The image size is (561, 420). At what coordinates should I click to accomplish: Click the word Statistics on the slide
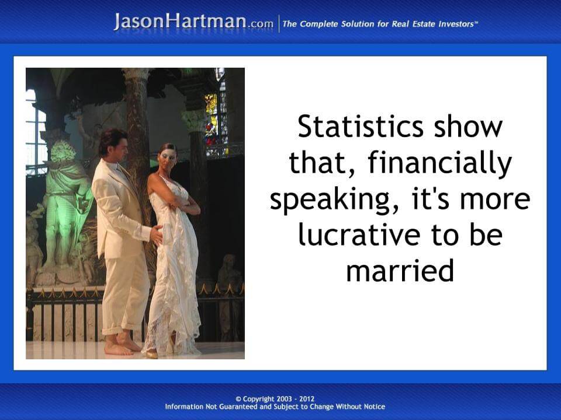(x=361, y=127)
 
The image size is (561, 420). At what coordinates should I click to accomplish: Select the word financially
(x=439, y=163)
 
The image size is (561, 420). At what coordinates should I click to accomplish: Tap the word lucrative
(x=359, y=235)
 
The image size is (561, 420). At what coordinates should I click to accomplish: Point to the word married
(x=400, y=270)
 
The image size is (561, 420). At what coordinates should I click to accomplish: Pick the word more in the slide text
(x=495, y=199)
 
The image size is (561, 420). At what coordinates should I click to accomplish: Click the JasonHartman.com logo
(x=193, y=22)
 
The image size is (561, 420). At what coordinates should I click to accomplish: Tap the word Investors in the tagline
(x=456, y=24)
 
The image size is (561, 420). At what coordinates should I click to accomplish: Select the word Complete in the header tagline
(x=319, y=24)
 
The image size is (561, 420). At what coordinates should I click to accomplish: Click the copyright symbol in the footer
(x=238, y=399)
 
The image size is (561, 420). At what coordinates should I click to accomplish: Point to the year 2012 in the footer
(x=307, y=398)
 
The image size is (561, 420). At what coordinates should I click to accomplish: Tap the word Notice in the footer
(x=374, y=407)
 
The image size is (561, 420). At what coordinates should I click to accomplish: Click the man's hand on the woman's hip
(x=157, y=235)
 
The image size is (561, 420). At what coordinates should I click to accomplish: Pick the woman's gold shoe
(x=152, y=354)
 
